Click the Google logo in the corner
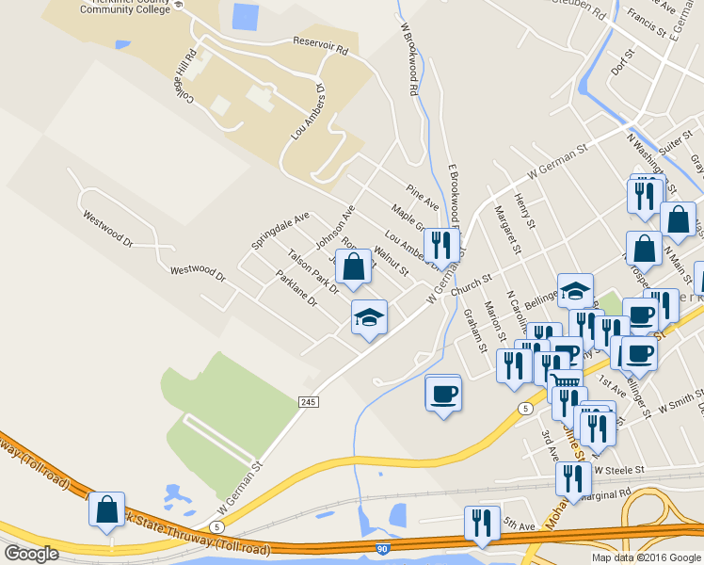(31, 553)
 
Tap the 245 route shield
(309, 402)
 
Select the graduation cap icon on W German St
(369, 317)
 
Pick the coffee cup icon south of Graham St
(442, 392)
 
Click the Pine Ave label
(423, 197)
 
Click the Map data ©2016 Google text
(646, 557)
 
